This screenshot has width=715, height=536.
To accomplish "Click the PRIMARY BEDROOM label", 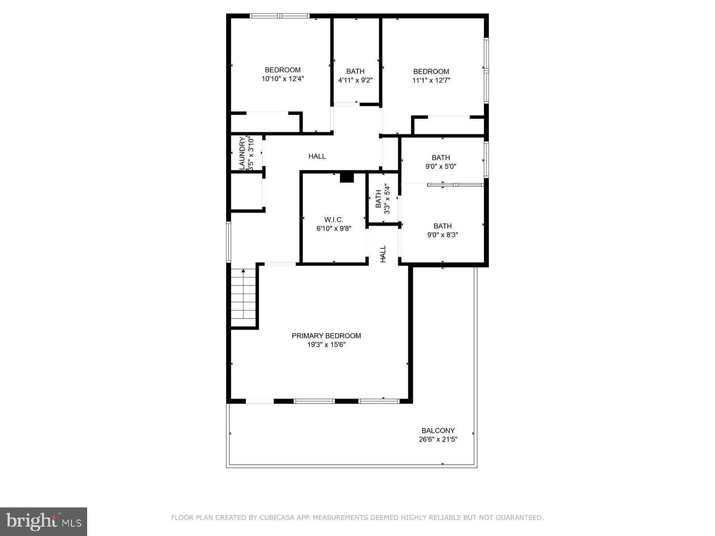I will [x=326, y=336].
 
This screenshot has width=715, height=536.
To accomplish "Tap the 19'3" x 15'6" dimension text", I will [x=326, y=345].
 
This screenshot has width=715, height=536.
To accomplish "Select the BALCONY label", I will [x=438, y=431].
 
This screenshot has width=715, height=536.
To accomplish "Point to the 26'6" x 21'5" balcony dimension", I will [x=438, y=440].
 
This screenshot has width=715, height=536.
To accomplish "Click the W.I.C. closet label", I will [x=334, y=220].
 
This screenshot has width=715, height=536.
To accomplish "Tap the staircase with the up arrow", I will [x=244, y=297].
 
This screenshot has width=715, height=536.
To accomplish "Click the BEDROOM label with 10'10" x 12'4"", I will [x=282, y=70].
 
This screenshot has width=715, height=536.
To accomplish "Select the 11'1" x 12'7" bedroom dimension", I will [x=431, y=81].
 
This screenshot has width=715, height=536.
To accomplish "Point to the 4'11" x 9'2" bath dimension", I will [x=355, y=81].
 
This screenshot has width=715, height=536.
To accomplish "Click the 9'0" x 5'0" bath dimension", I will [x=441, y=167].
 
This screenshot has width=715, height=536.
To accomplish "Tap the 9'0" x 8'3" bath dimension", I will [x=442, y=235].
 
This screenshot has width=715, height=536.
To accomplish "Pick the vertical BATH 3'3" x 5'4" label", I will [x=383, y=199].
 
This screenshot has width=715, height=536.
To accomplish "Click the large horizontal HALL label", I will [x=317, y=156].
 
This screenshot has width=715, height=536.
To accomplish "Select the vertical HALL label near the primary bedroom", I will [x=383, y=254].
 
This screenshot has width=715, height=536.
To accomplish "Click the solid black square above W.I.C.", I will [x=347, y=177].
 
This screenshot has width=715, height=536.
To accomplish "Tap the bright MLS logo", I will [x=44, y=521].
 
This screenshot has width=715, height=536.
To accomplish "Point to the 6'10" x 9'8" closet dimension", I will [x=334, y=229].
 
